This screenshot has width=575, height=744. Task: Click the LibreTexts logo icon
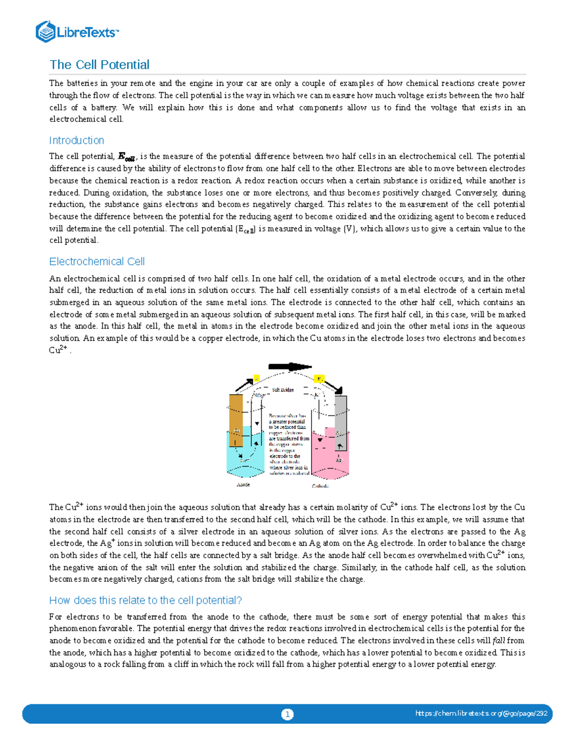click(x=46, y=32)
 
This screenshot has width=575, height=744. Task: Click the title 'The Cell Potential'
click(x=99, y=65)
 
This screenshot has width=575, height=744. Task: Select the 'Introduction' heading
click(x=76, y=140)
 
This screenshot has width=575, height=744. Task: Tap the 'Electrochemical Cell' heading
click(x=97, y=261)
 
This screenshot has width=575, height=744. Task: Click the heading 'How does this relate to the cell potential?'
click(x=145, y=600)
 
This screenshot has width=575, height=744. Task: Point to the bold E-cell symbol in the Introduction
click(x=127, y=157)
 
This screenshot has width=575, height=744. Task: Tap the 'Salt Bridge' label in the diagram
click(x=283, y=389)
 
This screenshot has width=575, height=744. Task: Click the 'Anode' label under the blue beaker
click(x=243, y=484)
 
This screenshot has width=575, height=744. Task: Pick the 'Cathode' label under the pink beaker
click(x=320, y=486)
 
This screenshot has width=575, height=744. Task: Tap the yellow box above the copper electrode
click(x=256, y=378)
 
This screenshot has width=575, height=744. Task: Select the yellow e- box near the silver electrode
click(x=319, y=379)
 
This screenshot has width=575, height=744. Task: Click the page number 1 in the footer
click(x=287, y=714)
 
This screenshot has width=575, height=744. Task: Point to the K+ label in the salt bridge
click(x=316, y=395)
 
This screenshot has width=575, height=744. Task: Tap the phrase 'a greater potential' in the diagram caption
click(x=288, y=422)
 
